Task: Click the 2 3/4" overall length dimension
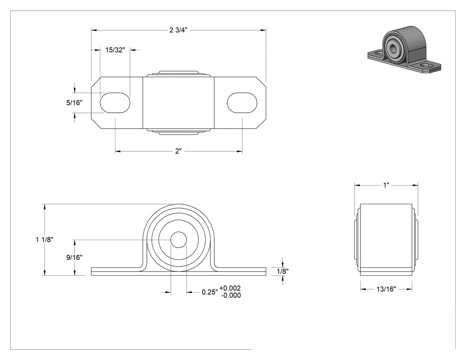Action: click(x=178, y=30)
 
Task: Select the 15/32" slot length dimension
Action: click(x=115, y=50)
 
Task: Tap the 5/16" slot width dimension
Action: click(x=74, y=103)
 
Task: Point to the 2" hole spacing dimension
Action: click(x=178, y=151)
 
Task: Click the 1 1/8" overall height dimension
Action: click(x=44, y=240)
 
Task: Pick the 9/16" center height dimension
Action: click(x=74, y=257)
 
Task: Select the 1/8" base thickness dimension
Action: click(x=282, y=271)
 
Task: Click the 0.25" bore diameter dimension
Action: click(x=210, y=292)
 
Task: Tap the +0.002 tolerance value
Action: click(x=230, y=288)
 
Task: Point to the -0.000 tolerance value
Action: click(x=231, y=296)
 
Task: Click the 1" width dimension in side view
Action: click(x=386, y=186)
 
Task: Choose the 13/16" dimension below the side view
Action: click(x=387, y=289)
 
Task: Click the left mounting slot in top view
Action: click(x=115, y=103)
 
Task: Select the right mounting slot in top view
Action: click(x=242, y=103)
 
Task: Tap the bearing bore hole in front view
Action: click(x=178, y=240)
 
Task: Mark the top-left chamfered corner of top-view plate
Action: click(x=96, y=83)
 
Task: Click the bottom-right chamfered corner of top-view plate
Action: click(x=261, y=124)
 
